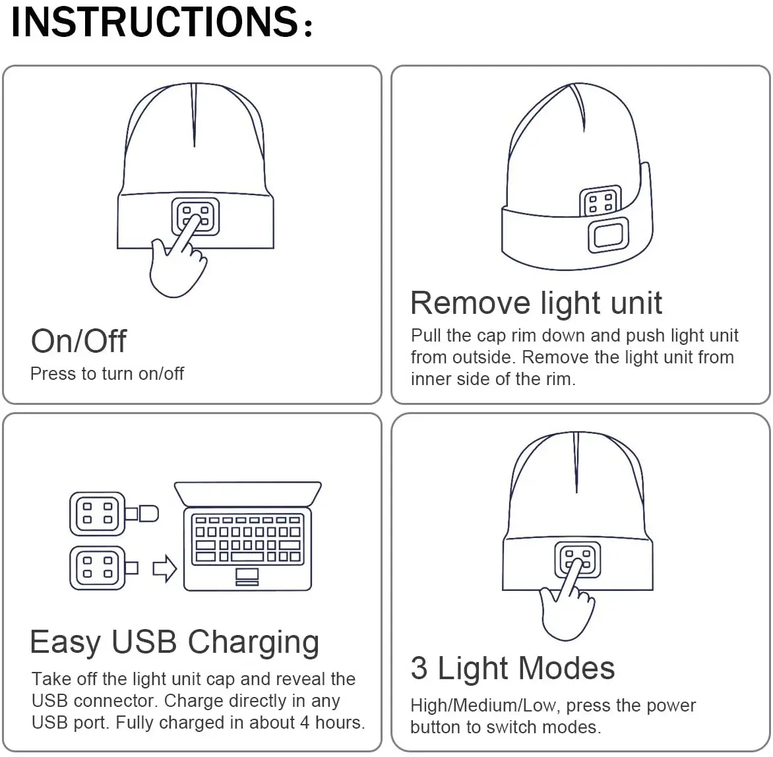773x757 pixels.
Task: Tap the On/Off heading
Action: pyautogui.click(x=78, y=341)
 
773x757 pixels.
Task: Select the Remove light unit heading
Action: pyautogui.click(x=536, y=303)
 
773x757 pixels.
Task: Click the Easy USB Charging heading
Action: pyautogui.click(x=175, y=642)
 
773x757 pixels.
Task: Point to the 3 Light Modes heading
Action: pyautogui.click(x=512, y=668)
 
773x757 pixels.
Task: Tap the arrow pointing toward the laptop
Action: pyautogui.click(x=164, y=568)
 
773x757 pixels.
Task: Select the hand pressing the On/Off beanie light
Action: pyautogui.click(x=173, y=264)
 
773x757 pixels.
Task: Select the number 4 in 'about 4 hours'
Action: pyautogui.click(x=305, y=723)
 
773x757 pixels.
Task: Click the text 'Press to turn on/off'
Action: pyautogui.click(x=107, y=374)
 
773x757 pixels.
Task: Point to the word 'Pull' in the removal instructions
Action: pyautogui.click(x=425, y=336)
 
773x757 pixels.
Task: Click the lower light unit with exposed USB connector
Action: pyautogui.click(x=98, y=568)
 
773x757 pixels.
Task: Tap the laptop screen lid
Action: pyautogui.click(x=247, y=494)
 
